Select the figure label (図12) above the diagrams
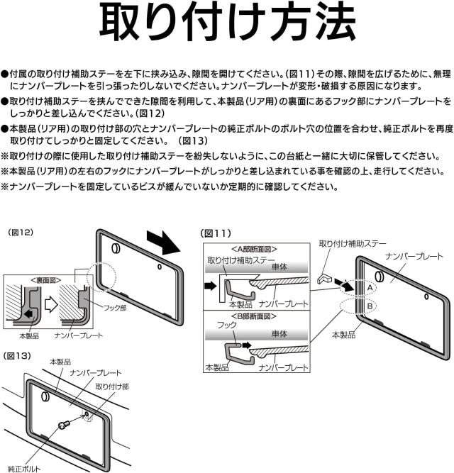[x=21, y=233]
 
